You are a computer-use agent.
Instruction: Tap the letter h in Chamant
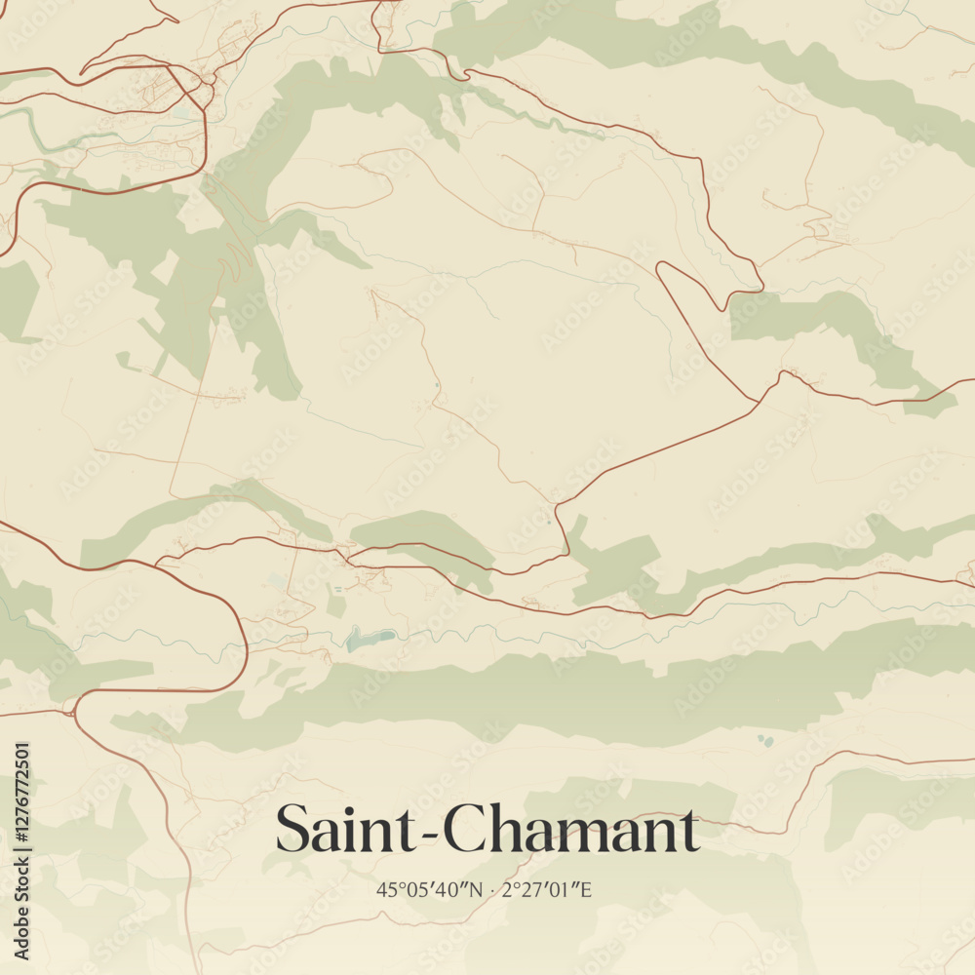[x=504, y=829]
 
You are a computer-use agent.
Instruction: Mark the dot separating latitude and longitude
[x=494, y=890]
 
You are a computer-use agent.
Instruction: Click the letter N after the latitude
[x=477, y=889]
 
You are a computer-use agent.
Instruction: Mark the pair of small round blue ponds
[x=765, y=741]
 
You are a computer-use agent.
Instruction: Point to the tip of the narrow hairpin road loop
[x=661, y=266]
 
